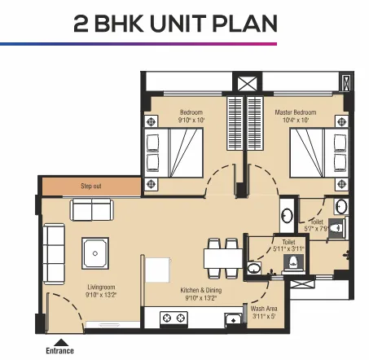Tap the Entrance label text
60,351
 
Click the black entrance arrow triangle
59,341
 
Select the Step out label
90,187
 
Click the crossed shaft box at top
244,84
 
